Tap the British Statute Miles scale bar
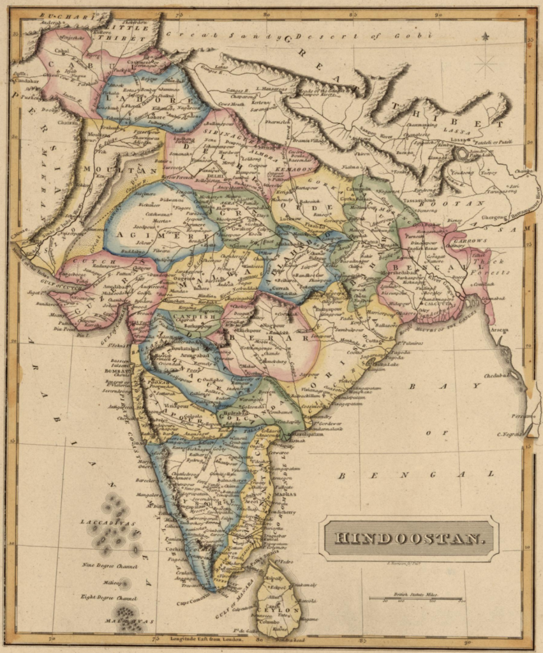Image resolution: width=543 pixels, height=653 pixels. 415,598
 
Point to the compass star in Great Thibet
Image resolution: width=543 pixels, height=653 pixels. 486,64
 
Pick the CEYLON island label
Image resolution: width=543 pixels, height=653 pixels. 279,610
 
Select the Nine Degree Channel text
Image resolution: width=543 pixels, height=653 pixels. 109,565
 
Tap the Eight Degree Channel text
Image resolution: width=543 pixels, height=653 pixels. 108,598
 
